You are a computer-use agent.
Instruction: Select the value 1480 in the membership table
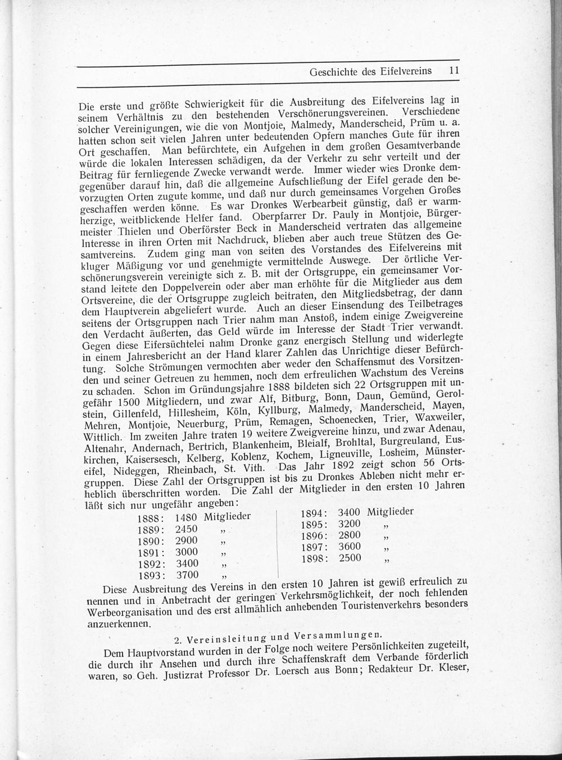pyautogui.click(x=187, y=516)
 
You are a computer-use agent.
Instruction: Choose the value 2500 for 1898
pyautogui.click(x=350, y=558)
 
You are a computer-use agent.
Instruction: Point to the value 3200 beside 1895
pyautogui.click(x=350, y=524)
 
